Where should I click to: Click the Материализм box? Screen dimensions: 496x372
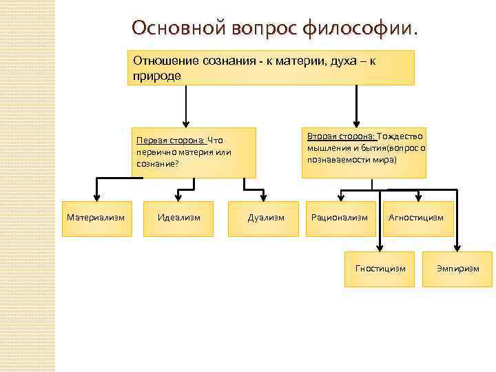[x=96, y=218]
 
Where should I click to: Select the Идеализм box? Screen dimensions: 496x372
[x=178, y=218]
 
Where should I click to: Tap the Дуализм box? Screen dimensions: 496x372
[x=265, y=218]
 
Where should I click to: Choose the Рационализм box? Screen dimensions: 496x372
[x=340, y=218]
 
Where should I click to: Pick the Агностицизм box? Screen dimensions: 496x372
[x=416, y=218]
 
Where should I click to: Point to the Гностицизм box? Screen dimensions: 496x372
[x=380, y=268]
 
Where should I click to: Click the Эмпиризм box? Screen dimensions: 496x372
[x=457, y=268]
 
